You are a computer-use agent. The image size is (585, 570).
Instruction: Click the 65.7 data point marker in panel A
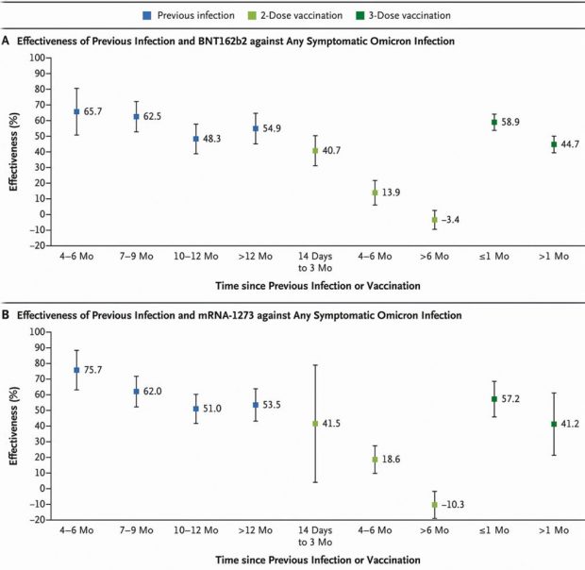[76, 111]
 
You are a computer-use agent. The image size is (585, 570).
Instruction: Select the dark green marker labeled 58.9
[493, 122]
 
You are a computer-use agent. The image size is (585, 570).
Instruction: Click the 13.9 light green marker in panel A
[375, 193]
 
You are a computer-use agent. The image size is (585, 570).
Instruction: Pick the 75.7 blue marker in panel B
[76, 370]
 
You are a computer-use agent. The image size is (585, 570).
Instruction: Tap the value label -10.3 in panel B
[460, 505]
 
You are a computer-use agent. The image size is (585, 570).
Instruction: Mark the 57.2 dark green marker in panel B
[493, 399]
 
